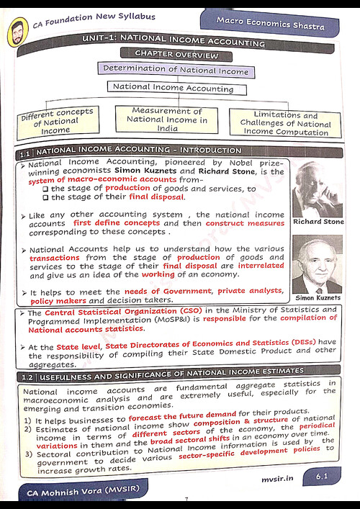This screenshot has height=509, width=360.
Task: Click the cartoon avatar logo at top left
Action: [16, 32]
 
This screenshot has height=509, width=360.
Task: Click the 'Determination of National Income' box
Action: [175, 70]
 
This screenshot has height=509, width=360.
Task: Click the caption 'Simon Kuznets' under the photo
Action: [318, 297]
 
